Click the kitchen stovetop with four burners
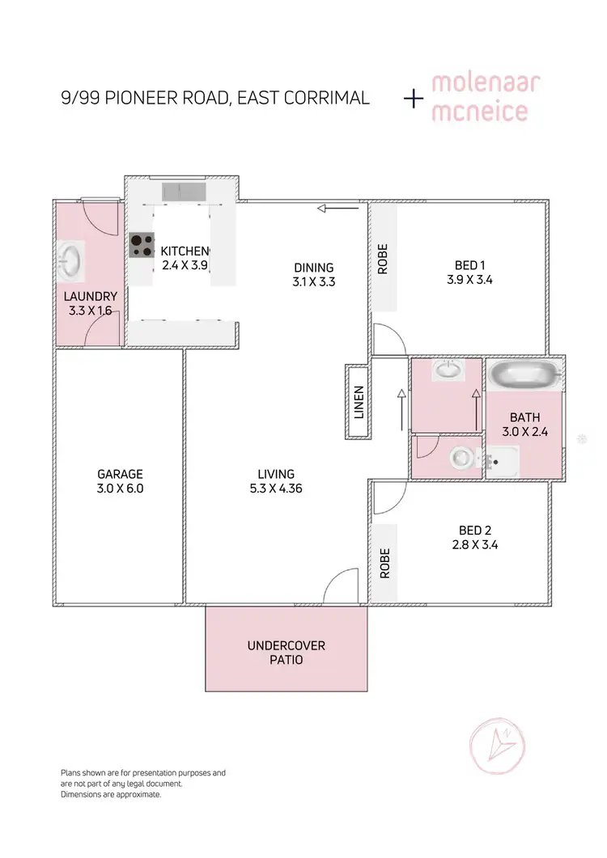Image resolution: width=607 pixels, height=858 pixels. (x=142, y=245)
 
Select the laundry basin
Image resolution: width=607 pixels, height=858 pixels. (x=70, y=261)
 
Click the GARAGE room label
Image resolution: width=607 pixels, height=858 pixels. (x=120, y=474)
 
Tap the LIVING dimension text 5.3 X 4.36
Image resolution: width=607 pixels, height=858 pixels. (x=276, y=488)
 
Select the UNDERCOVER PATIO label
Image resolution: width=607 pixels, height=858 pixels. (x=286, y=653)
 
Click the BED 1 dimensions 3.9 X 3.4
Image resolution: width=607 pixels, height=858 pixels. (x=474, y=281)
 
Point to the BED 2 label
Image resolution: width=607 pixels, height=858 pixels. (x=475, y=530)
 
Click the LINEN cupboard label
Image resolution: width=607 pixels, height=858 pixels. (x=359, y=402)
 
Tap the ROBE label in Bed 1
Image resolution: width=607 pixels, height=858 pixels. (x=383, y=259)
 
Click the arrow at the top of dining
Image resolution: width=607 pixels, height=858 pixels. (x=337, y=209)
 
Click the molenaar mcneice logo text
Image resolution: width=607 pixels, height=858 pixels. (x=480, y=98)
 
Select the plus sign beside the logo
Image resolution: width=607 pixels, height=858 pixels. (x=414, y=99)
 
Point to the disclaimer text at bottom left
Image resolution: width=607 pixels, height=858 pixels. (x=143, y=784)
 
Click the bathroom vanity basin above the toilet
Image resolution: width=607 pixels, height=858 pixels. (x=446, y=371)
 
